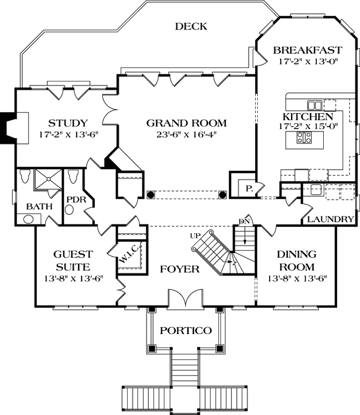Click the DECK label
[191, 26]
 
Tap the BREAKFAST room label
[307, 50]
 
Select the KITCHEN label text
[307, 117]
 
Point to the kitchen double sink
[314, 104]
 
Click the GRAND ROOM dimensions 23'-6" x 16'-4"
[186, 134]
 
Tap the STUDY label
[67, 123]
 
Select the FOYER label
[179, 269]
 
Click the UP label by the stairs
[195, 236]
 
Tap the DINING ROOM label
[295, 261]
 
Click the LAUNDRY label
[330, 219]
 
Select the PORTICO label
[185, 330]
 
